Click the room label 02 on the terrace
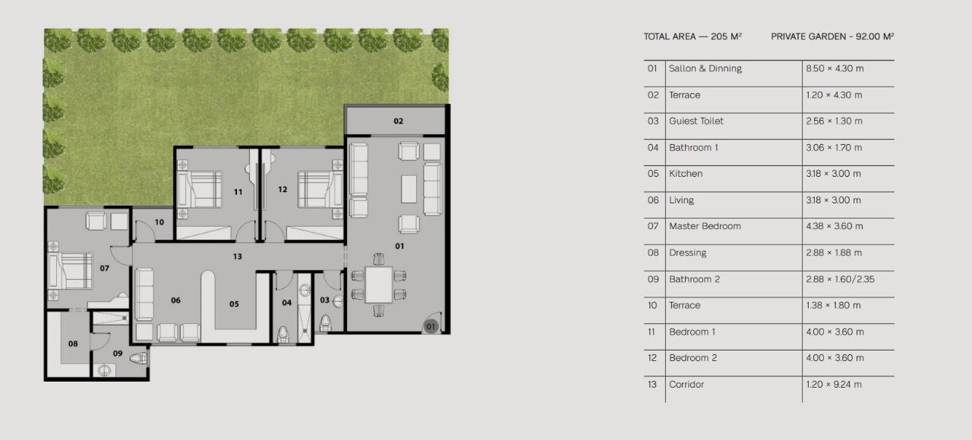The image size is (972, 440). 399,121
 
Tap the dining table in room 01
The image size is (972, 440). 379,284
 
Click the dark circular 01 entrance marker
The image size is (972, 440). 431,326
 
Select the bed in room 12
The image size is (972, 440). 320,190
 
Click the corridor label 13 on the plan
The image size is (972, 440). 238,256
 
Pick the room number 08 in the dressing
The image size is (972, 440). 73,344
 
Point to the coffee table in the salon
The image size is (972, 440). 409,189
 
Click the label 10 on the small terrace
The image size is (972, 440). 159,222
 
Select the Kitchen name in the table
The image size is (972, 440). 686,174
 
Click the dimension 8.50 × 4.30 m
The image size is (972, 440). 835,68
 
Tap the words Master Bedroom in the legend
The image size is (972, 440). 705,226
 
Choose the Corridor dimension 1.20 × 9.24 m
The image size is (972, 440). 834,385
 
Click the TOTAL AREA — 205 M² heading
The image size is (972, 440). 693,36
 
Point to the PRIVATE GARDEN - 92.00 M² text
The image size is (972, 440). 832,36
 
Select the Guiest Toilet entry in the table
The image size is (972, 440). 696,121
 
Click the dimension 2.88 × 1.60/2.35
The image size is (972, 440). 840,279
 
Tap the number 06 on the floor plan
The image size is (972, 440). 175,300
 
